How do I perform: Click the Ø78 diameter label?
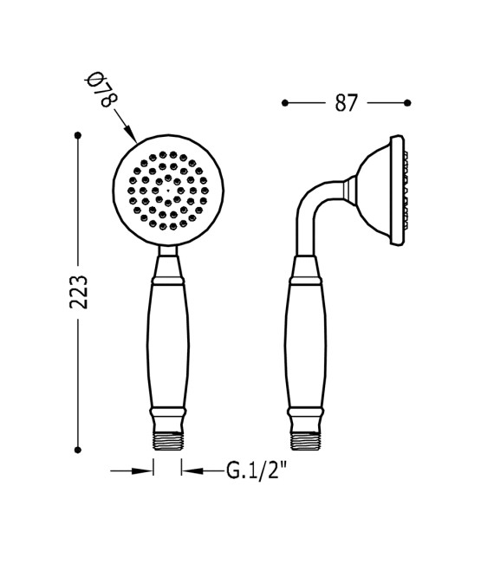pos(99,90)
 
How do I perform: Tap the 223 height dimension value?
pos(78,292)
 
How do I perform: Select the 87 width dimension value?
pos(346,103)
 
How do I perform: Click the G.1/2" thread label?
pos(257,470)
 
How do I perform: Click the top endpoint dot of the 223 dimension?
pos(78,135)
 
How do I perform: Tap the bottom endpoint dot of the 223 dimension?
pos(78,450)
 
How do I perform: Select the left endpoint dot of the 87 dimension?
pos(284,103)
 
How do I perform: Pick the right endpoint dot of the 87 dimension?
pos(407,103)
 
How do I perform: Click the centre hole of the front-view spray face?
pos(167,191)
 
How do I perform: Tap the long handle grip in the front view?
pos(167,347)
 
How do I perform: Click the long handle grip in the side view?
pos(306,347)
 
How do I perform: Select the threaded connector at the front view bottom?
pos(167,440)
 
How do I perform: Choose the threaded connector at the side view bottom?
pos(306,440)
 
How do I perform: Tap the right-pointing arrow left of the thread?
pos(143,470)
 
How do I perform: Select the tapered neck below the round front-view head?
pos(167,261)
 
